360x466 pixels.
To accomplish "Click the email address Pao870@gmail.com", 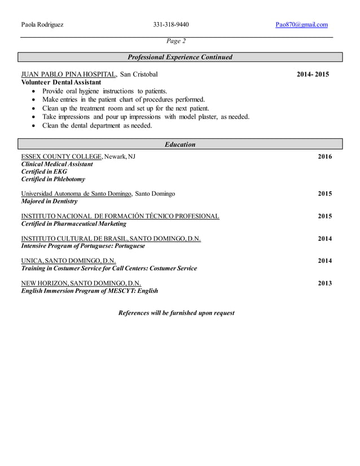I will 301,25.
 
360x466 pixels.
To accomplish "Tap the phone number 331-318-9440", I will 171,25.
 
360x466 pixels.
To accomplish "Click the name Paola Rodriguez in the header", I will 42,25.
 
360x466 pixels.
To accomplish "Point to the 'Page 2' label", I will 176,41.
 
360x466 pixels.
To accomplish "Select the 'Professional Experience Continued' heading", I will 180,57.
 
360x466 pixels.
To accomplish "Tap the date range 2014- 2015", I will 313,74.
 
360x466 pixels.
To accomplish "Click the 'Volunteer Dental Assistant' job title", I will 61,82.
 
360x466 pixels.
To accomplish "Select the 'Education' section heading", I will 180,144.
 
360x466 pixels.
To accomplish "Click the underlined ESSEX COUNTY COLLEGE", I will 62,156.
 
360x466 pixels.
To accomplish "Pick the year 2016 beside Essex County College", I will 325,157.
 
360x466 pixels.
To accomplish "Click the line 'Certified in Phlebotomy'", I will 53,179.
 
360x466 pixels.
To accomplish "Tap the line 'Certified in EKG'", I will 44,172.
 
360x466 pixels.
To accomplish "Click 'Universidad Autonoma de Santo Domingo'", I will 76,194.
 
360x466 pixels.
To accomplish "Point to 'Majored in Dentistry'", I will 50,201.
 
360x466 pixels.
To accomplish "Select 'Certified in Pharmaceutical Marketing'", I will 74,224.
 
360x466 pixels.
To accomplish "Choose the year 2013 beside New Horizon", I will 325,283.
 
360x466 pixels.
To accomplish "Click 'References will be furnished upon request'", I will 176,313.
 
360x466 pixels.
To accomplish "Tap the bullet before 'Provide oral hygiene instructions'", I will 35,91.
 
